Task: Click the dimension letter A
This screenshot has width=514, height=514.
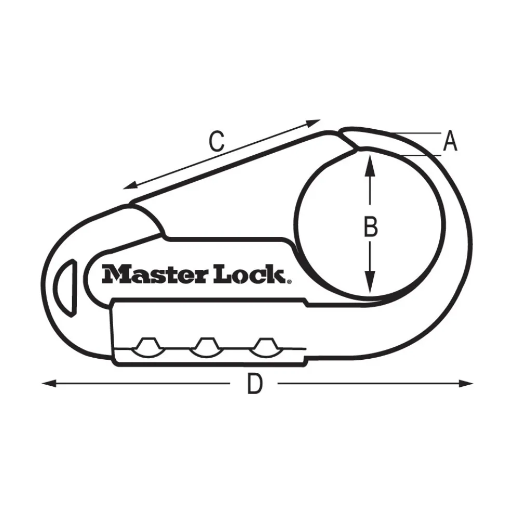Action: (x=450, y=141)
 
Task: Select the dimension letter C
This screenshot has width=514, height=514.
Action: (x=216, y=141)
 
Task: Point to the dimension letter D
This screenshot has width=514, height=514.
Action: (x=254, y=385)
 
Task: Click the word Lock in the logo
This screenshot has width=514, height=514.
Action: (x=247, y=274)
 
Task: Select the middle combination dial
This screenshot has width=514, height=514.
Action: (x=205, y=346)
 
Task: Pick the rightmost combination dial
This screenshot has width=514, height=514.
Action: (x=265, y=346)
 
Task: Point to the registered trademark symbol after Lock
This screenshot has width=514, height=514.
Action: (x=289, y=281)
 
